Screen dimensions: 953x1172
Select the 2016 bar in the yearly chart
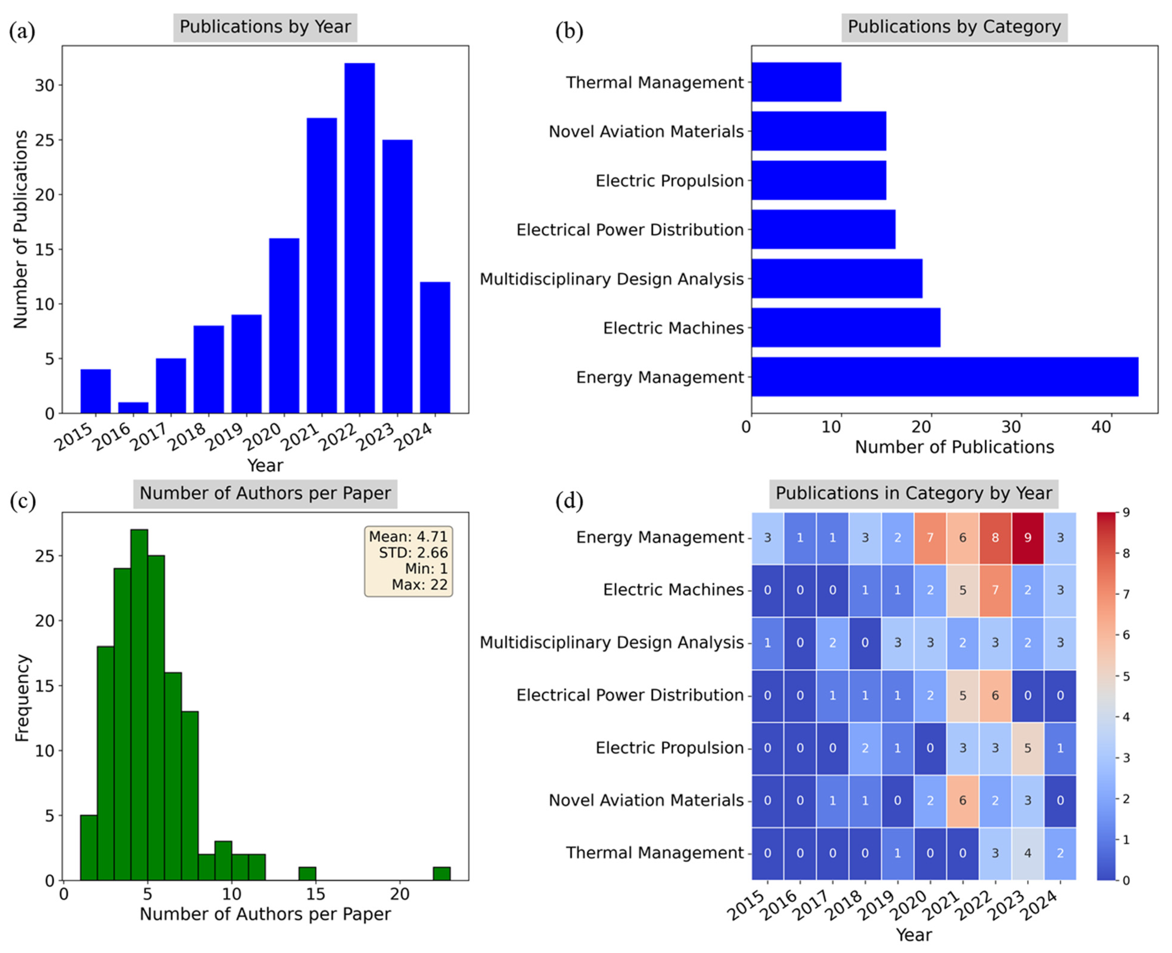133,408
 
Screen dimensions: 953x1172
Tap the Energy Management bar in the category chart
944,377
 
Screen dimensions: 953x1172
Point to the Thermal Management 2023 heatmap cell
1028,853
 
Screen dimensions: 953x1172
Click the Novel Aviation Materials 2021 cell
962,800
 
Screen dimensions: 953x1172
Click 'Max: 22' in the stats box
419,585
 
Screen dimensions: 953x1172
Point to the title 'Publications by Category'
954,27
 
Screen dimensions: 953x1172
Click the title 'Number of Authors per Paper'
265,493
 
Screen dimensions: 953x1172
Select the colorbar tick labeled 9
1126,513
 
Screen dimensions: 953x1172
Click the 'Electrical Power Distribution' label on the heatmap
630,695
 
